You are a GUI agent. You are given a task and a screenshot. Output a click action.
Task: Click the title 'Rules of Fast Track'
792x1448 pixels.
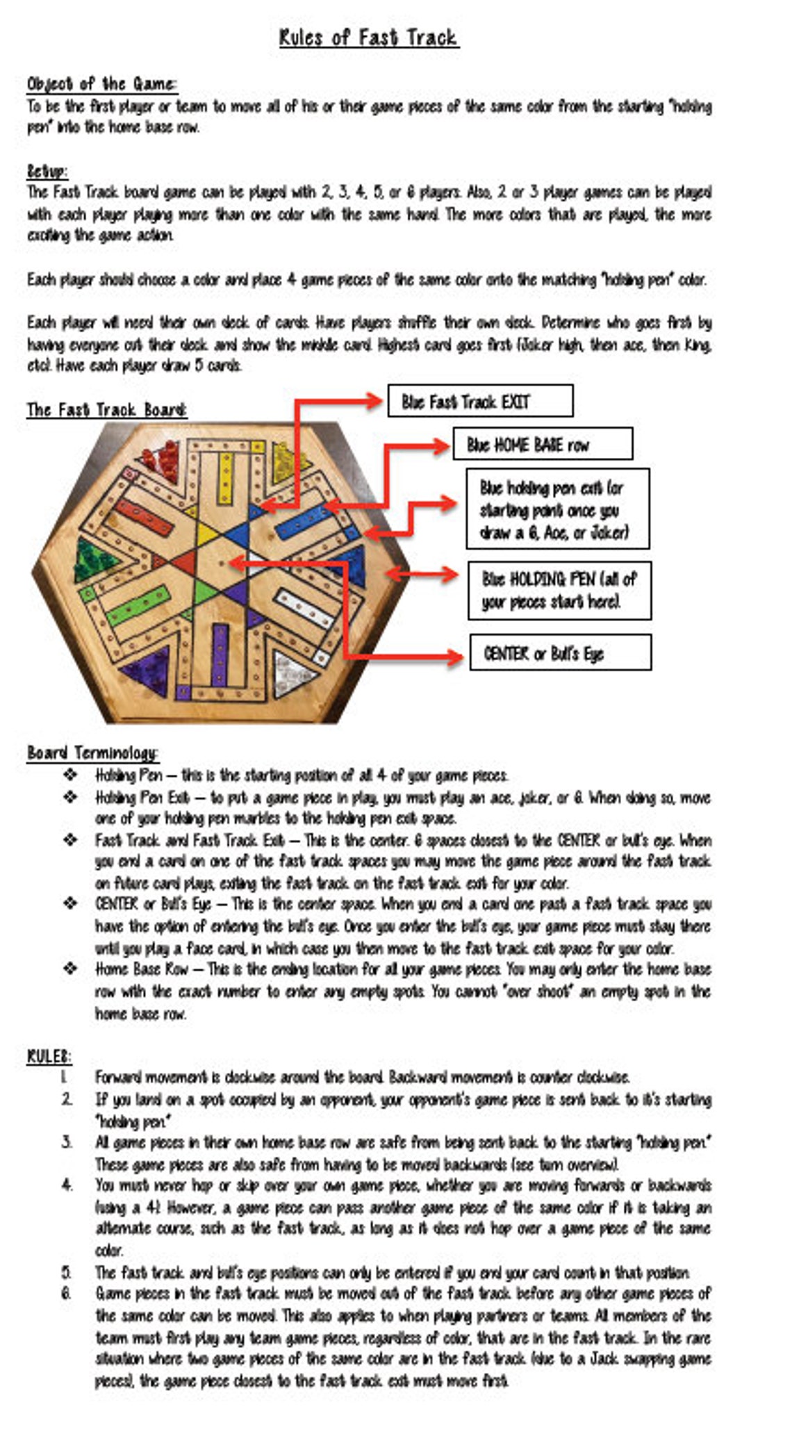click(368, 37)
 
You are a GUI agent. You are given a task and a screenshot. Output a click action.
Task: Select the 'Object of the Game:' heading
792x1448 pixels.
click(102, 84)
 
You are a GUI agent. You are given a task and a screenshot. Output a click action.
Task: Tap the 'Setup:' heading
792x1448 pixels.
click(47, 170)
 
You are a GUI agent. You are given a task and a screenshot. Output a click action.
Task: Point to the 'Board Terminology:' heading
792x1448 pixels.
click(93, 752)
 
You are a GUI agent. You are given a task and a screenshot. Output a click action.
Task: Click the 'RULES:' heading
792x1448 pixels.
click(49, 1056)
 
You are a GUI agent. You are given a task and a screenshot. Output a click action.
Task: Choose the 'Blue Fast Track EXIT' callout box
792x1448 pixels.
click(480, 402)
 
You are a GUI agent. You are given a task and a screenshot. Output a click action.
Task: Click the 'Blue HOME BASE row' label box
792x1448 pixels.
click(543, 445)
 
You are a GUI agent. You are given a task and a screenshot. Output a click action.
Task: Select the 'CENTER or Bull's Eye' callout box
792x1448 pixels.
click(560, 653)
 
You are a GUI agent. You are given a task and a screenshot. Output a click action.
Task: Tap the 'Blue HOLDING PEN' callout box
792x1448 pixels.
click(559, 590)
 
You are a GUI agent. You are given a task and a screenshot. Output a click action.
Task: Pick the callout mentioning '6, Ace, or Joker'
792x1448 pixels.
click(557, 509)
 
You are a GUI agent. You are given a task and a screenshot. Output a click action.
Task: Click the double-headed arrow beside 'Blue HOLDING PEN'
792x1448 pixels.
click(422, 575)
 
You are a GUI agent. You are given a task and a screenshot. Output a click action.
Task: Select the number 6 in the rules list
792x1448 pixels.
click(66, 1293)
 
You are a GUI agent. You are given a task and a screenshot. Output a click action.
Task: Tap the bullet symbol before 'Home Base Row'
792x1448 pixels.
click(70, 969)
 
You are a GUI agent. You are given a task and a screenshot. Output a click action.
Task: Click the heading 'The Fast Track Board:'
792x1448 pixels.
click(106, 410)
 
